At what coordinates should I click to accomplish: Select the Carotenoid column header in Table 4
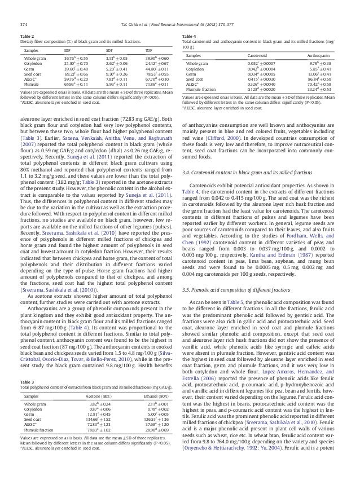click(258, 56)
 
